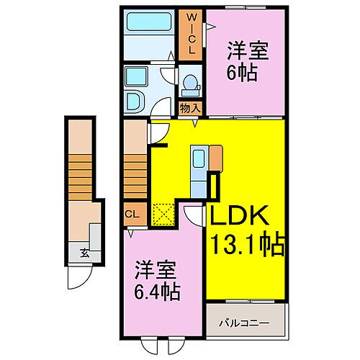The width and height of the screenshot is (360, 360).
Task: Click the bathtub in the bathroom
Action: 149,22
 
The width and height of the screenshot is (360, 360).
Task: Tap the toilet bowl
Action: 191,82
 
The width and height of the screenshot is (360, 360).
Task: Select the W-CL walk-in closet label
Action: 192,34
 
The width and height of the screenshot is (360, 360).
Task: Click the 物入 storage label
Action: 190,108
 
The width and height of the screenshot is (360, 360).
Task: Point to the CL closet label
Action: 132,214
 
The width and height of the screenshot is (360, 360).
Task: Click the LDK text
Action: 240,215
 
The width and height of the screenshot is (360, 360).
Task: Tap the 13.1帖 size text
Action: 248,243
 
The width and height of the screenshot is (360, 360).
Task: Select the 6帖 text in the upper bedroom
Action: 242,72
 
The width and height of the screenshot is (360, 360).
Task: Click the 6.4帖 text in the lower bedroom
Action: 157,292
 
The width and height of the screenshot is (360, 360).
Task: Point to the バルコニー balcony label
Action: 244,323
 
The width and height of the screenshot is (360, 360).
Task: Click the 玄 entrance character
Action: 85,253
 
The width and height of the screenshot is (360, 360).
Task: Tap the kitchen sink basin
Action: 199,158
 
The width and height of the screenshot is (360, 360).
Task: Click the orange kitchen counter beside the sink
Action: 216,158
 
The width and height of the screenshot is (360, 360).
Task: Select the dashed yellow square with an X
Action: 163,215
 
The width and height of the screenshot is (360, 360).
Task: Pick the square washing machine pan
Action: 136,76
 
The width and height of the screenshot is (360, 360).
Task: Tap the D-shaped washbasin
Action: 135,102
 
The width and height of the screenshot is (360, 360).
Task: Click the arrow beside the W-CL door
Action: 212,27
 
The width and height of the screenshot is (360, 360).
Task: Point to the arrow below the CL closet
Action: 130,233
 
